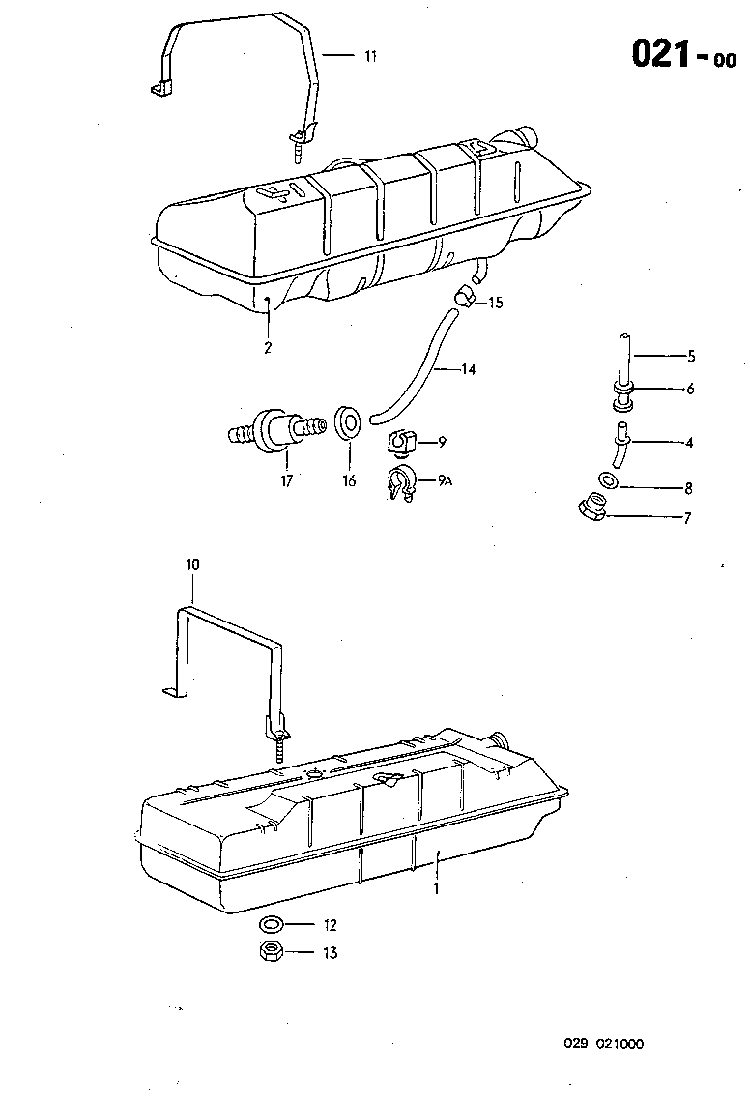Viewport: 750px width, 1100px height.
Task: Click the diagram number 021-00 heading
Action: (682, 56)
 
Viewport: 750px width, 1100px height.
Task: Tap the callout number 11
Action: (369, 56)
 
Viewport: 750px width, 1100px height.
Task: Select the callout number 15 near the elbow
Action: (496, 303)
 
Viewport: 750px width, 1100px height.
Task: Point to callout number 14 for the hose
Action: (468, 369)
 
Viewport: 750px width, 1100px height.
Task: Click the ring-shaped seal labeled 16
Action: (347, 420)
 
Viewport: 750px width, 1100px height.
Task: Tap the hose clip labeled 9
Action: (400, 444)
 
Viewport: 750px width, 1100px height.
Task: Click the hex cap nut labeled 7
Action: (593, 507)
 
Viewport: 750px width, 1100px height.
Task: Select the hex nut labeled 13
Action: (272, 951)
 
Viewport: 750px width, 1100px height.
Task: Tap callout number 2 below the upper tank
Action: (268, 347)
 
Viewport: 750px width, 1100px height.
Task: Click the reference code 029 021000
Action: (604, 1044)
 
